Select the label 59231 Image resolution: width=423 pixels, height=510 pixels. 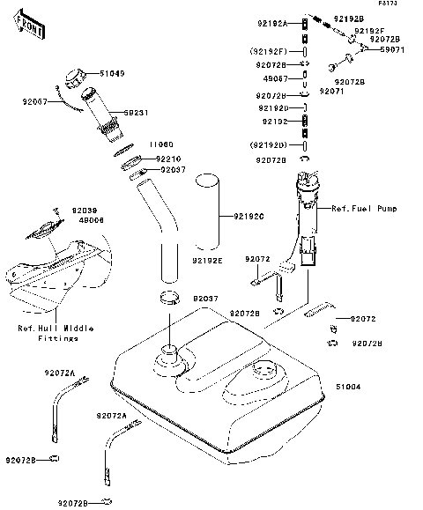(135, 114)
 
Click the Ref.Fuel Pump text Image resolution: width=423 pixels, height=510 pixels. (364, 209)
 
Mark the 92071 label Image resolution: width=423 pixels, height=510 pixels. (331, 91)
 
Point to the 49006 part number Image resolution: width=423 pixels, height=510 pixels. (92, 220)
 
